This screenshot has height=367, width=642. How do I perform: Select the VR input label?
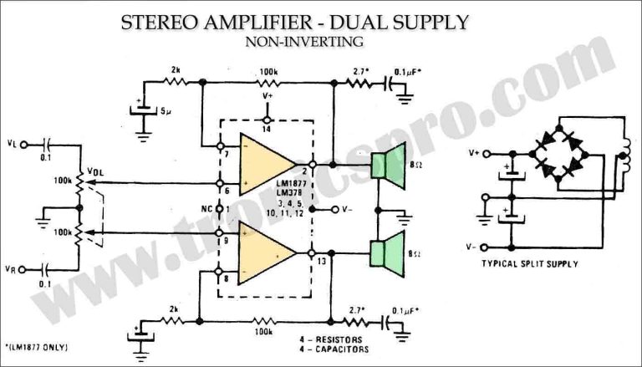coord(11,269)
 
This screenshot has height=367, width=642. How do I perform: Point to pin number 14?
coord(267,130)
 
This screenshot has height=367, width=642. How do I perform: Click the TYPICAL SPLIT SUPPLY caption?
coord(531,263)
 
